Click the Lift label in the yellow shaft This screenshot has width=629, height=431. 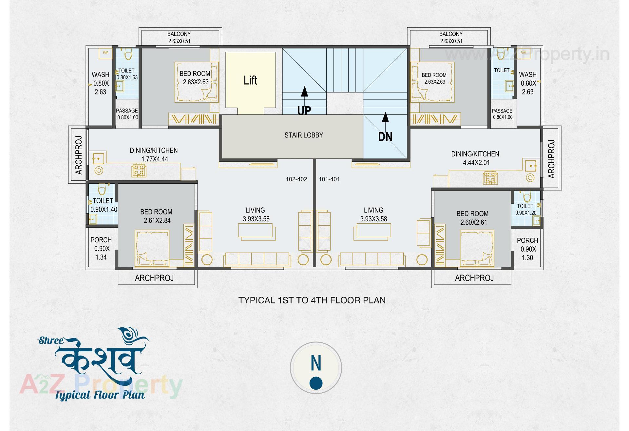pos(250,80)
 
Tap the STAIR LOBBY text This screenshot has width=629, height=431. pos(304,135)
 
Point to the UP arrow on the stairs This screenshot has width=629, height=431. pos(305,92)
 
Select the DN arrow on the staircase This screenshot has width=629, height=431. pos(386,117)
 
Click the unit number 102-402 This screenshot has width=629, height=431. pos(296,179)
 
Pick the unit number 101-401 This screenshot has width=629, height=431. pos(329,179)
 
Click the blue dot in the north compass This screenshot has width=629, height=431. pos(316,383)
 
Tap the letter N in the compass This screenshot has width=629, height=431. pos(316,363)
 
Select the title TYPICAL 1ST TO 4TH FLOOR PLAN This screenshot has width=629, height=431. pos(312,300)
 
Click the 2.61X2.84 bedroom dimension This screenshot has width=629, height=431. pos(157,220)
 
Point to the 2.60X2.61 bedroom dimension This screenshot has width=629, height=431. pos(473,222)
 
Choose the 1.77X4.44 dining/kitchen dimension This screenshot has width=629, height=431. pos(155,159)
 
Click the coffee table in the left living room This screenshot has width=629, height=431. pos(257,232)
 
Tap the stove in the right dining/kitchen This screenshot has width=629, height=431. pos(490,178)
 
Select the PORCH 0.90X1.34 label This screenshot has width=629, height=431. pos(101,249)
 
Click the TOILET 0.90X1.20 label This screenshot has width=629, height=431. pos(525,209)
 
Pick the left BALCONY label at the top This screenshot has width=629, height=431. pos(179,34)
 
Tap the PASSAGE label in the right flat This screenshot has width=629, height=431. pos(502,114)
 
